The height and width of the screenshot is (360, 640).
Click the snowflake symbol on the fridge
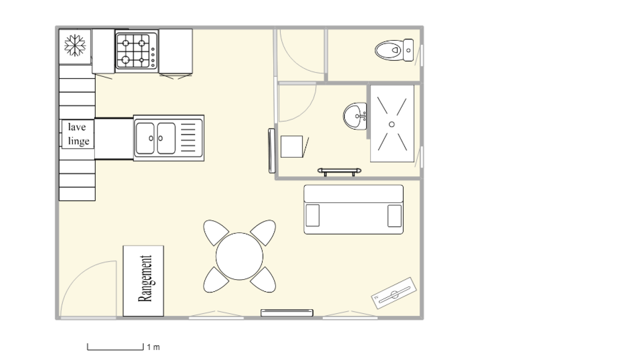pos(75,46)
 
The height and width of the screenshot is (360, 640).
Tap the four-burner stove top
pos(136,51)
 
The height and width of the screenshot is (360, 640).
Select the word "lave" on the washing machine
pos(77,127)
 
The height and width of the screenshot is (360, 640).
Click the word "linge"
pos(78,141)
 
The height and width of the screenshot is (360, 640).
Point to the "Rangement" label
pos(145,278)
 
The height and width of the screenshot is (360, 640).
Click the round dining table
pos(240,256)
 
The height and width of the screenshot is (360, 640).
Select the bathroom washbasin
pos(355,116)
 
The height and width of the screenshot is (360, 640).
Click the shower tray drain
pos(392,124)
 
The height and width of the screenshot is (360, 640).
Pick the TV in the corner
pos(394,293)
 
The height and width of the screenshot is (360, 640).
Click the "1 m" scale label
pos(154,348)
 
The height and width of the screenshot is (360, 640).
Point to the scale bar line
pos(115,350)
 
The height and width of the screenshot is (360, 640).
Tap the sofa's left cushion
pos(312,216)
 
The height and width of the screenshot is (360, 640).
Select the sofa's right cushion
pos(394,216)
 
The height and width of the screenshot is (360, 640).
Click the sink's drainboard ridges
pos(188,138)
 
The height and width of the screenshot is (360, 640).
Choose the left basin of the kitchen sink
pos(145,138)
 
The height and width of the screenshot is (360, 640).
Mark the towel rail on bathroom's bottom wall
pos(340,172)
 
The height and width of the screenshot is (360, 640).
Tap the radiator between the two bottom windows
pos(287,313)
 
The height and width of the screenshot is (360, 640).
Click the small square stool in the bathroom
pos(292,146)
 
